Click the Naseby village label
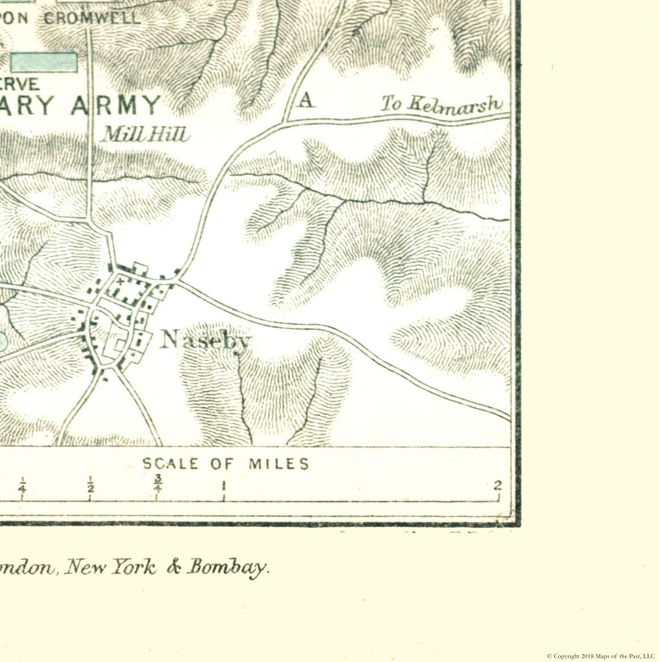[205, 340]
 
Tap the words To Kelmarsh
[440, 104]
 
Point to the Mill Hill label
[145, 135]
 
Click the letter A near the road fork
[306, 100]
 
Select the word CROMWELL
[92, 19]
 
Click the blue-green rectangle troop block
[44, 62]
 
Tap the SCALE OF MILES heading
[225, 464]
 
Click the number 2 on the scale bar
[497, 486]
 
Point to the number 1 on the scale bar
[224, 486]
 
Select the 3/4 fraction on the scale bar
[157, 483]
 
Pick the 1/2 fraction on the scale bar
[91, 484]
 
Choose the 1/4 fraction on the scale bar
[22, 484]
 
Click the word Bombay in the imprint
[227, 567]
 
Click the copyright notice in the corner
[600, 656]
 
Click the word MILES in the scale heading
[279, 464]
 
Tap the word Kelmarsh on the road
[454, 104]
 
